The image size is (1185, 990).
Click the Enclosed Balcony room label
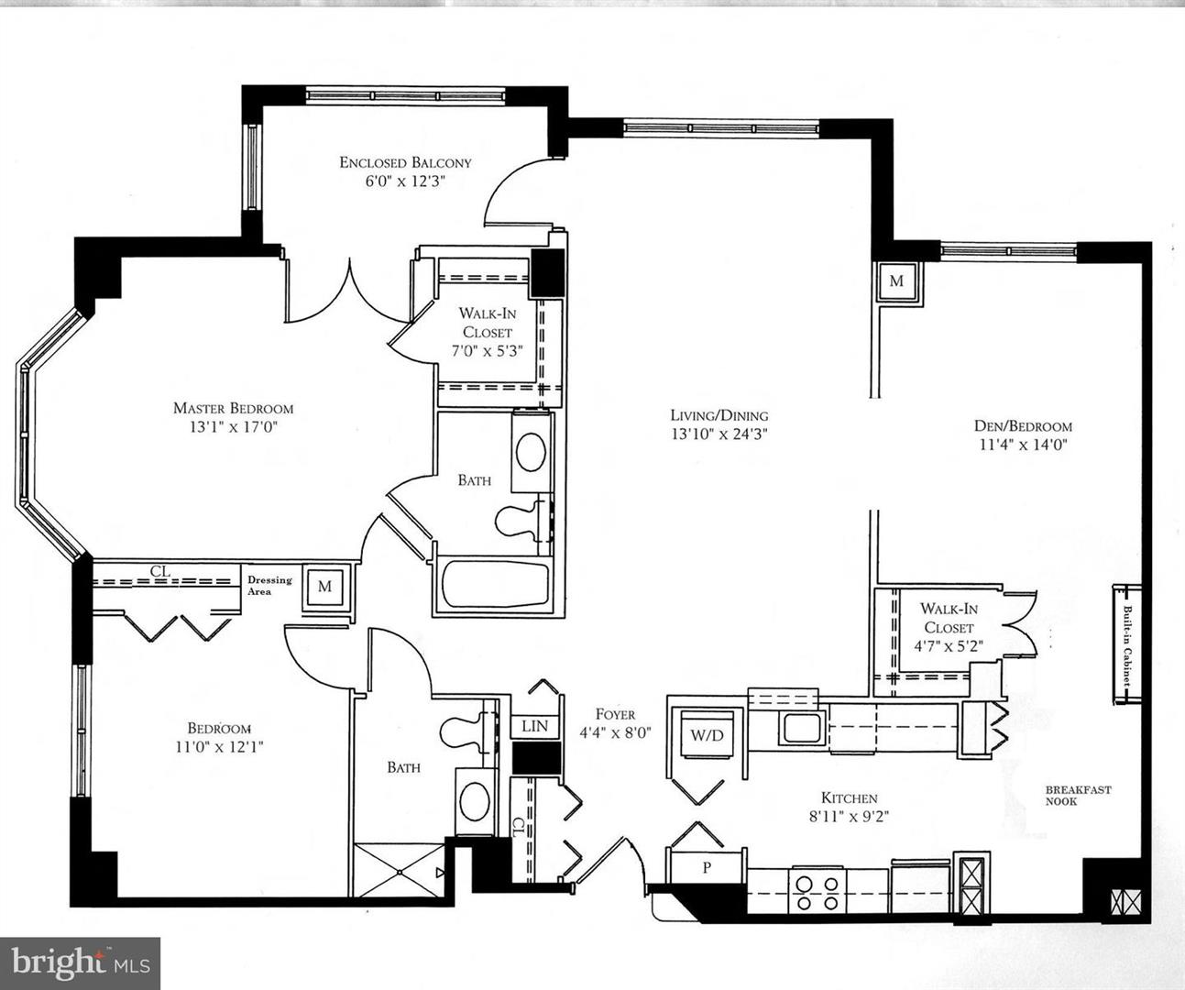coord(405,162)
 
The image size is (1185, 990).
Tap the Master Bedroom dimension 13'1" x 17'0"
coord(234,427)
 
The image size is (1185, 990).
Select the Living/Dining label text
coord(719,415)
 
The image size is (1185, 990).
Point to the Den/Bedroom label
coord(1024,425)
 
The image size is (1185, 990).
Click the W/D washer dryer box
coord(708,735)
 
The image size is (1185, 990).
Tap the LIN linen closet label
coord(534,726)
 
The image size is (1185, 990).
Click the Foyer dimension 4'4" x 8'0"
coord(615,732)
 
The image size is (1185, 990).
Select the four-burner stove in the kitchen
coord(817,893)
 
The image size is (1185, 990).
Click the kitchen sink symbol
coord(801,729)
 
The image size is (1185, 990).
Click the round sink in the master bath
coord(532,452)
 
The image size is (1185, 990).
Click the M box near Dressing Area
coord(324,587)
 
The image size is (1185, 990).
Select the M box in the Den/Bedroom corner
coord(896,280)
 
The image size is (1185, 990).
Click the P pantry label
coord(707,867)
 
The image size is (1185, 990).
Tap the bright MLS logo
coord(80,962)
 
